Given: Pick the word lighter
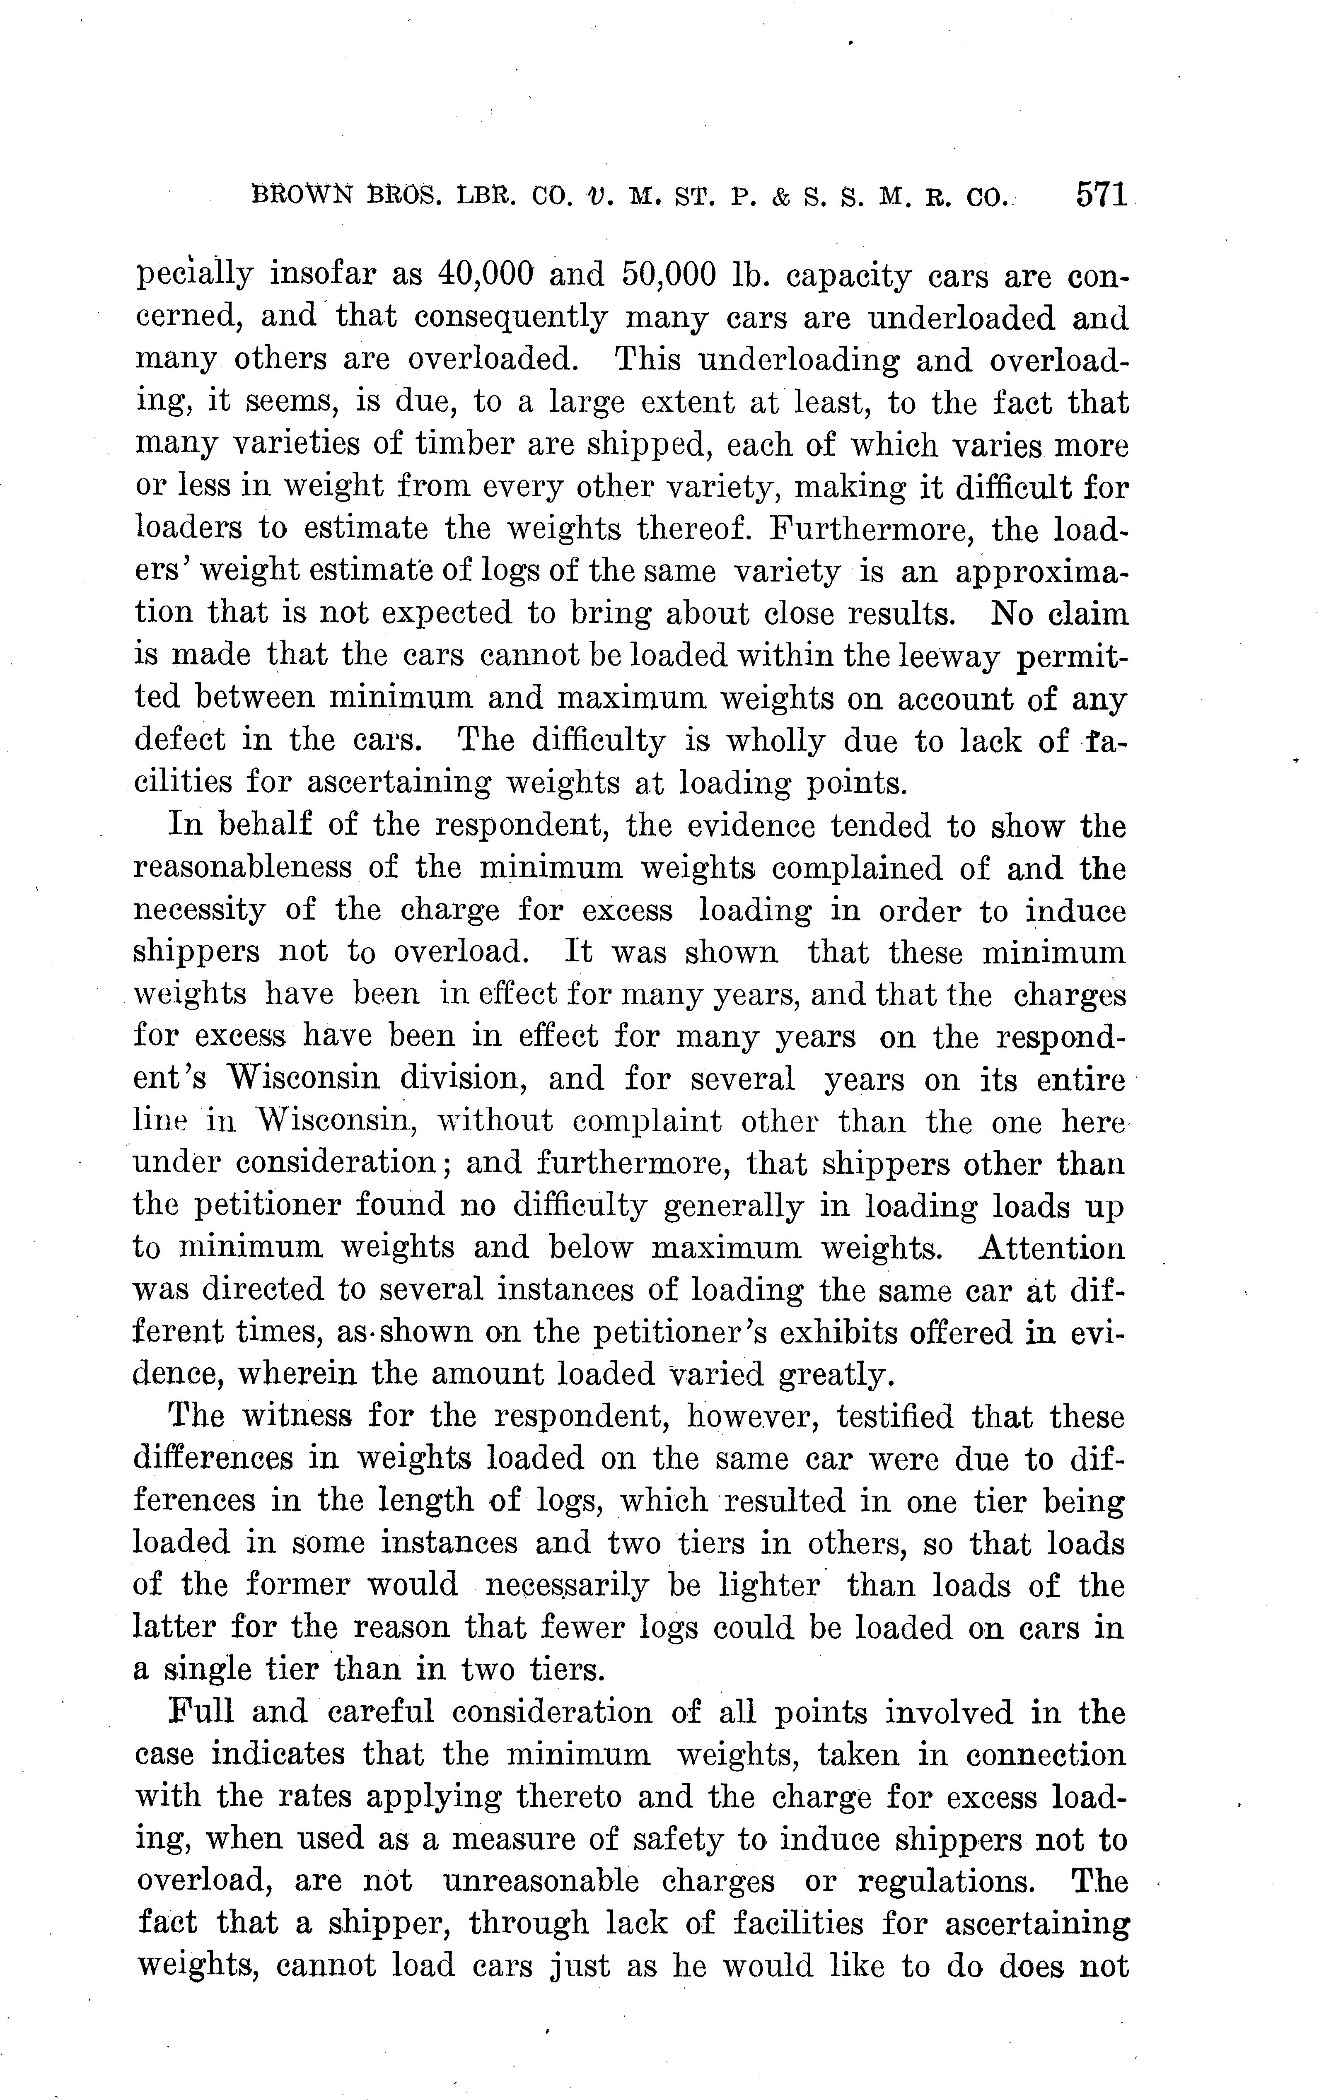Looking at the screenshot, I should pos(768,1585).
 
